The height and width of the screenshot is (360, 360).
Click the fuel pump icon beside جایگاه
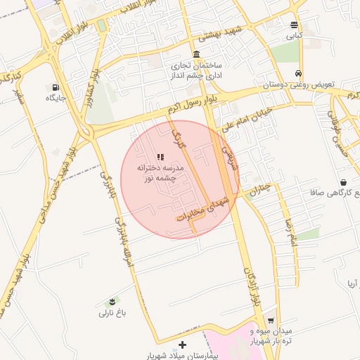tap(55, 87)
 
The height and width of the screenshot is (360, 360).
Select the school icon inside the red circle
tap(160, 157)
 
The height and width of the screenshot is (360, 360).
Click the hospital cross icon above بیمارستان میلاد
tap(183, 345)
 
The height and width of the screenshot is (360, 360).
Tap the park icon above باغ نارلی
tap(107, 302)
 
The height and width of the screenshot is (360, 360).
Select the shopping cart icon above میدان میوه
tap(271, 320)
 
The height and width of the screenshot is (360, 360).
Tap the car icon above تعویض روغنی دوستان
tap(299, 73)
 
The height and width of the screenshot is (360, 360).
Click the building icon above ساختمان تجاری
tap(195, 54)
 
